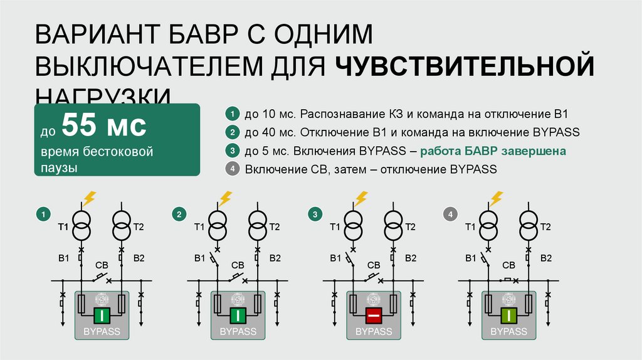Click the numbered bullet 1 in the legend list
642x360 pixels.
point(232,115)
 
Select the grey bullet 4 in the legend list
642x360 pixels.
point(232,169)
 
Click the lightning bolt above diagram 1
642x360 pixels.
point(89,198)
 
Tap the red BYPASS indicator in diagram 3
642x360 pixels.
point(374,315)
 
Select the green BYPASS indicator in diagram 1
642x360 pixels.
point(102,315)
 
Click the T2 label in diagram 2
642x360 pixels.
point(275,227)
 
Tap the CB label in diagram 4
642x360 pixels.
point(509,266)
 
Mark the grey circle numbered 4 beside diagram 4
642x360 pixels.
point(450,215)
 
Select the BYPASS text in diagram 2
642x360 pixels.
point(238,331)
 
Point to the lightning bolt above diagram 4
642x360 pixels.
point(497,198)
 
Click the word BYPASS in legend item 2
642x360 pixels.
point(556,133)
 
